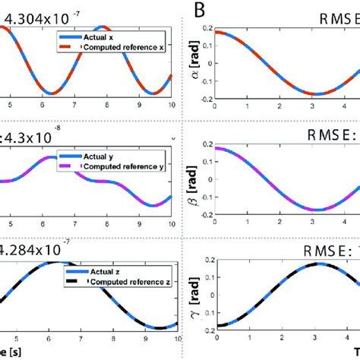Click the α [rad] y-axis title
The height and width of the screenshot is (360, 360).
pyautogui.click(x=197, y=63)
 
